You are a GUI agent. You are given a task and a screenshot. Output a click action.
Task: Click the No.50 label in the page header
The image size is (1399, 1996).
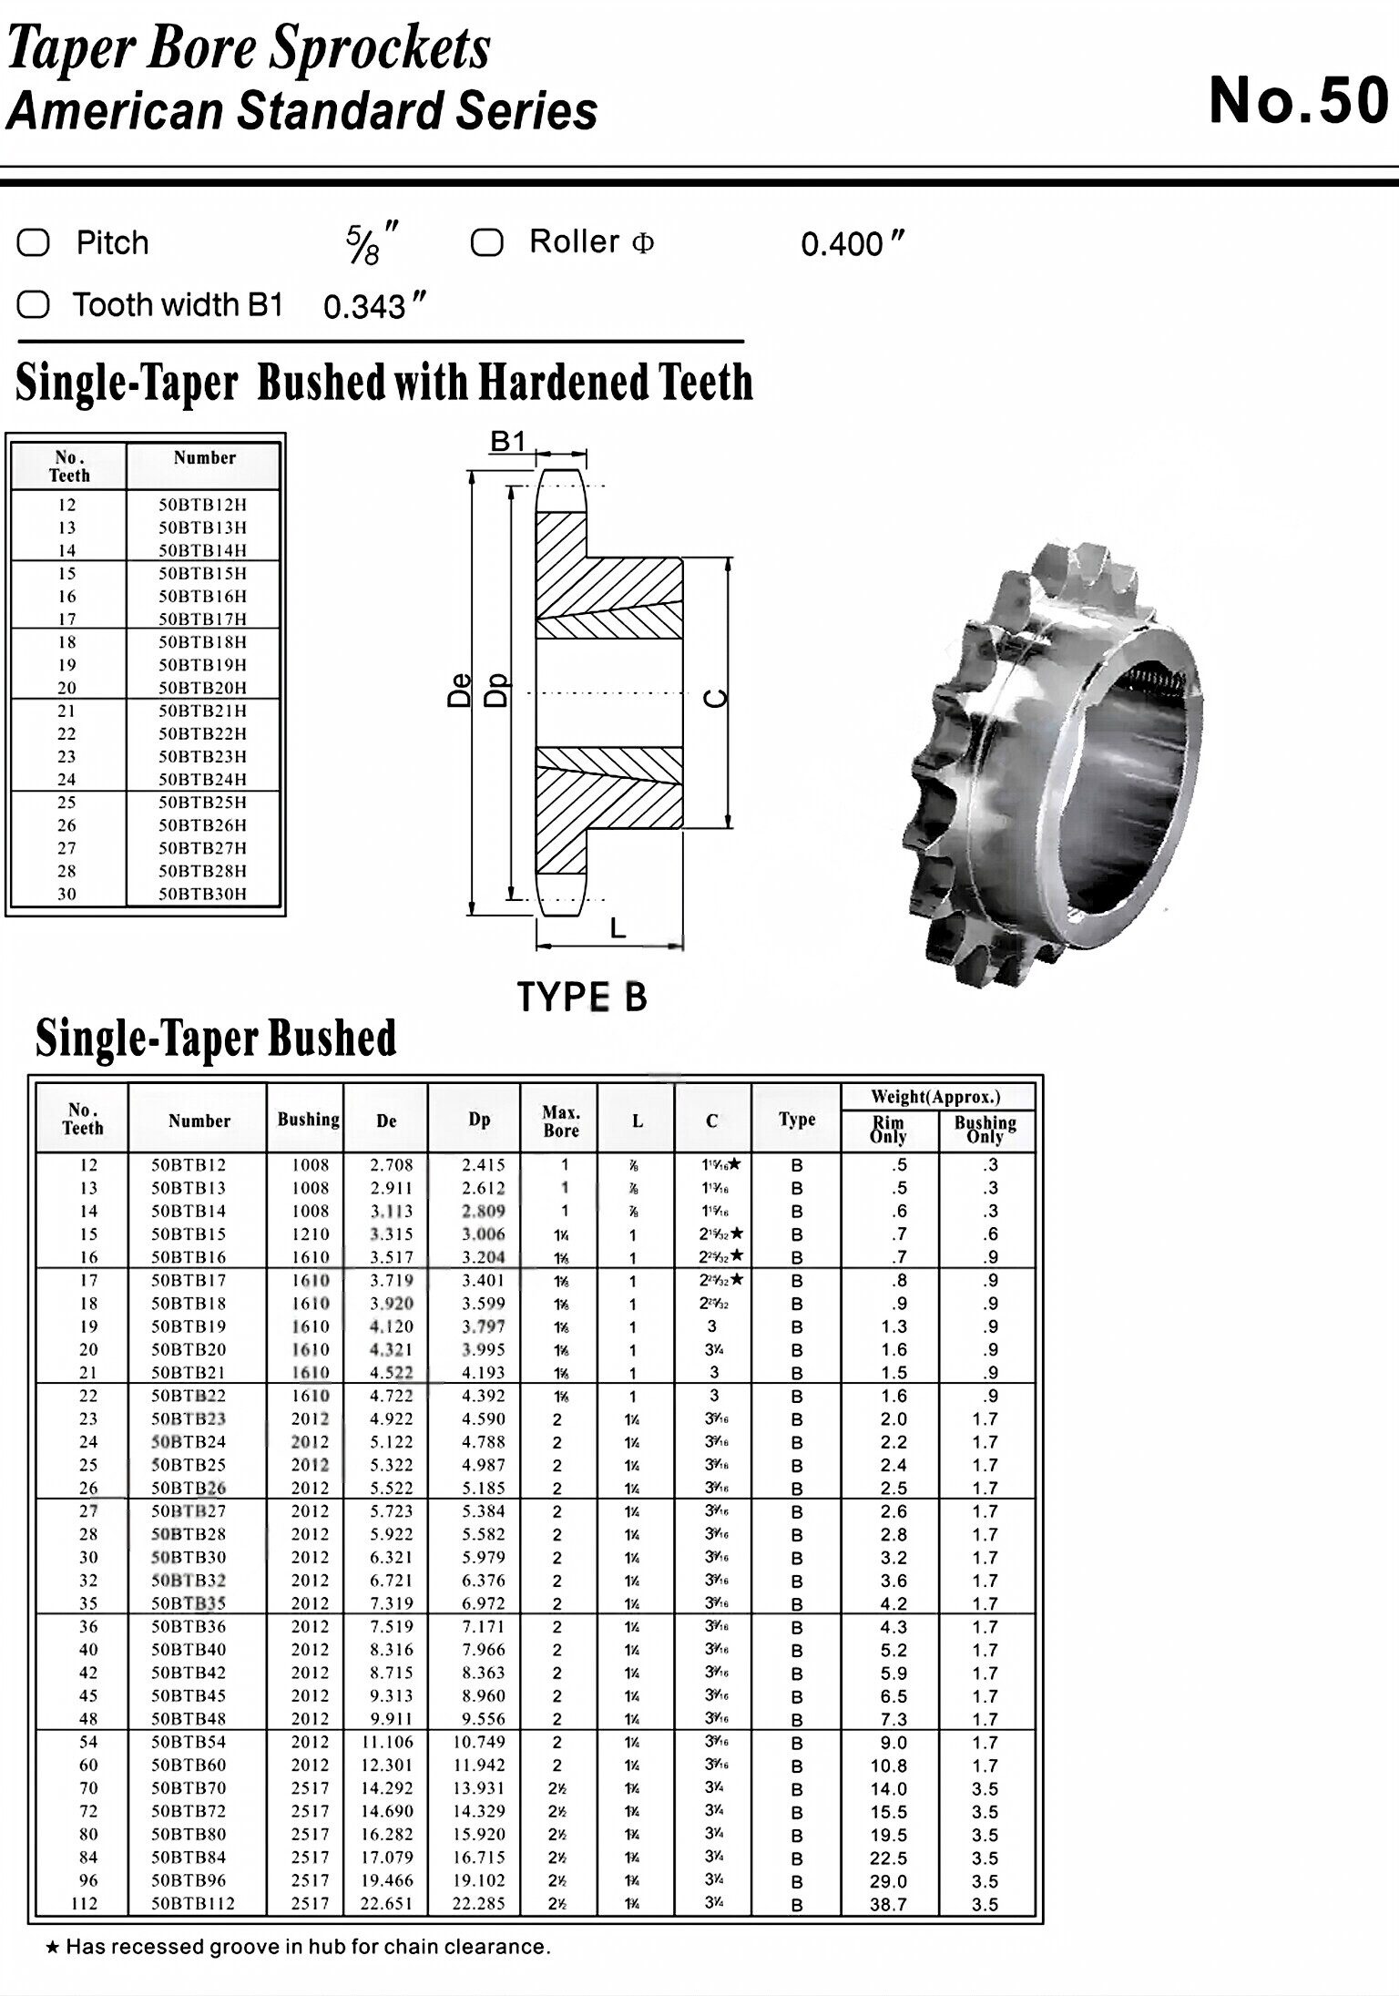(1298, 101)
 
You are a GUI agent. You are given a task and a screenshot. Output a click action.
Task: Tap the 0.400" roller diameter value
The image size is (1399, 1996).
(852, 244)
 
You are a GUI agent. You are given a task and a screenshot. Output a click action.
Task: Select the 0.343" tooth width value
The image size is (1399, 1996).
(373, 306)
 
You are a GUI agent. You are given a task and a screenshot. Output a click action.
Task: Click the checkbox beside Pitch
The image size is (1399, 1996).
(34, 243)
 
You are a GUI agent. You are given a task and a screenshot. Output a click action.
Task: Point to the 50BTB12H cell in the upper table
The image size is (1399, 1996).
(202, 505)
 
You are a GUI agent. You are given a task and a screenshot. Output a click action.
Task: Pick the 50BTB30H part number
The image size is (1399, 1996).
(202, 894)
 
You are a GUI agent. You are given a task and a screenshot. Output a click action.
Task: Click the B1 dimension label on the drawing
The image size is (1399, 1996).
(508, 442)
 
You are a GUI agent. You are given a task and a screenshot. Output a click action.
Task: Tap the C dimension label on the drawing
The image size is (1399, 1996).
(718, 698)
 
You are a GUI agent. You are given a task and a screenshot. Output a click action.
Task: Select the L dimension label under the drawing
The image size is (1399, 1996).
(618, 928)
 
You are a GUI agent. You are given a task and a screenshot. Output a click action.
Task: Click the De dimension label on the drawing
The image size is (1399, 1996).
(461, 690)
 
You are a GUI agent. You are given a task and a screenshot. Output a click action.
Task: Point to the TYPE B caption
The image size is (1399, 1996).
(582, 997)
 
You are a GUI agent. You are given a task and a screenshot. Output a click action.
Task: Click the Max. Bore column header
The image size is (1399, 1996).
(560, 1121)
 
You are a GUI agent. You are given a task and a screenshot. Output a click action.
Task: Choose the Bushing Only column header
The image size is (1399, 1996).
(985, 1130)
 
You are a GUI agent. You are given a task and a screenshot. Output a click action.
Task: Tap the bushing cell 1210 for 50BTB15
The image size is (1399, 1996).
(311, 1234)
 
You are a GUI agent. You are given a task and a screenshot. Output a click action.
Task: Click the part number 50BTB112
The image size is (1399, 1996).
(193, 1903)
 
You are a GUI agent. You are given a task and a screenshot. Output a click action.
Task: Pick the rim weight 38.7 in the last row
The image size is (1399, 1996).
(888, 1904)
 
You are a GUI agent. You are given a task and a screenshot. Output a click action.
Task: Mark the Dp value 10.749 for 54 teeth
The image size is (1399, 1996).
(479, 1742)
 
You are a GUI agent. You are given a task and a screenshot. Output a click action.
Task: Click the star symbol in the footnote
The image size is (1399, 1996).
(53, 1948)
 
